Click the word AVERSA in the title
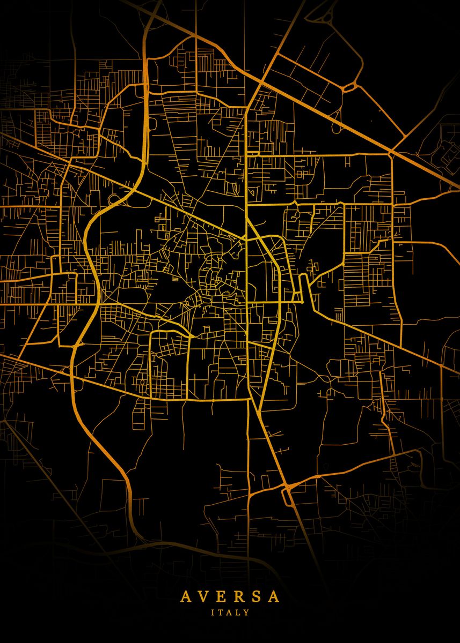pyautogui.click(x=230, y=596)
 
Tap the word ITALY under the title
pyautogui.click(x=230, y=612)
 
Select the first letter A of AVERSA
pyautogui.click(x=185, y=596)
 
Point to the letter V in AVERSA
pyautogui.click(x=202, y=596)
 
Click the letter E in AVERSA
pyautogui.click(x=220, y=596)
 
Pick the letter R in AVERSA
pyautogui.click(x=238, y=596)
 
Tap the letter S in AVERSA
pyautogui.click(x=255, y=596)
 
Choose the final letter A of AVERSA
pyautogui.click(x=274, y=596)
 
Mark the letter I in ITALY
pyautogui.click(x=213, y=612)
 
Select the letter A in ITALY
pyautogui.click(x=230, y=612)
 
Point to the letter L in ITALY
pyautogui.click(x=239, y=612)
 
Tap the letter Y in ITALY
pyautogui.click(x=247, y=612)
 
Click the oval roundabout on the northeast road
pyautogui.click(x=351, y=86)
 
